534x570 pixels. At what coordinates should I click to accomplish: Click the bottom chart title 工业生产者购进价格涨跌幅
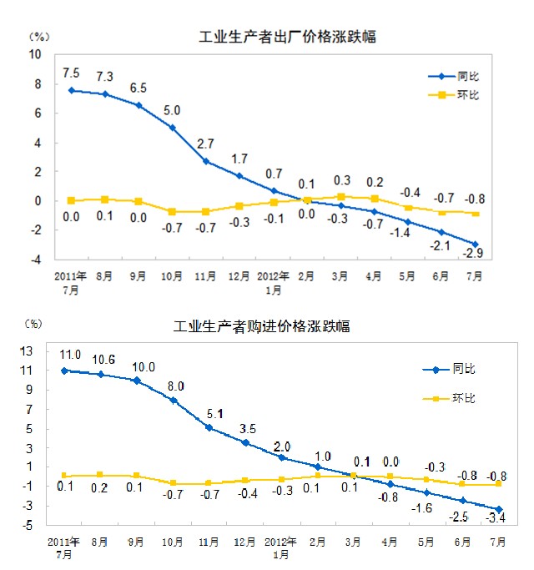[261, 327]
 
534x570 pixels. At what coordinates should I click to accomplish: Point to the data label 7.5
[72, 73]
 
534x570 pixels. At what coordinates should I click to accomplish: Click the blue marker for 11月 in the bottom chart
[209, 428]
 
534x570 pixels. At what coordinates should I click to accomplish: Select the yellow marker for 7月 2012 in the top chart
[476, 213]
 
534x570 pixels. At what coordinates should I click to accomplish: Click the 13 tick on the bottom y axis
[27, 350]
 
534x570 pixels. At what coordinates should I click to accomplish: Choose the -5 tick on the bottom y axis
[27, 526]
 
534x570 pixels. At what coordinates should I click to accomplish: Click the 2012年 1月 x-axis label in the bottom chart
[281, 546]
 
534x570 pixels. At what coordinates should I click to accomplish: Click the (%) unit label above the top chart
[39, 37]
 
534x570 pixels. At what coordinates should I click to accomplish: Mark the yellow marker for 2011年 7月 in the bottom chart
[64, 475]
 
